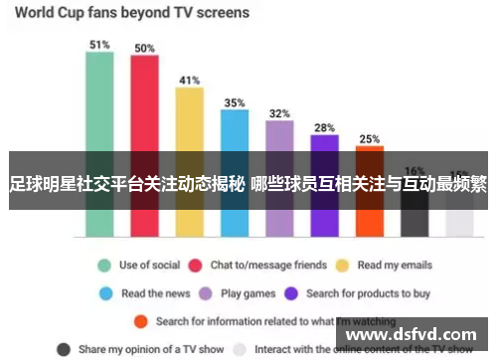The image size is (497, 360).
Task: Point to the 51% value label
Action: pos(99,45)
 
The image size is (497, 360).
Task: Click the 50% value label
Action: pos(144,48)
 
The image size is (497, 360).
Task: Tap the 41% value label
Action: pos(189,80)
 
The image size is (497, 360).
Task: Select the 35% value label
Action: pos(234,102)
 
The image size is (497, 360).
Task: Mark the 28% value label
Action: pos(324,127)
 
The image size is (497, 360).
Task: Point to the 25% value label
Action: pos(369,139)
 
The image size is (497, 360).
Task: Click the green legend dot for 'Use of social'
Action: pos(102,266)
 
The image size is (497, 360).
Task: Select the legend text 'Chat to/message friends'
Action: pos(268,266)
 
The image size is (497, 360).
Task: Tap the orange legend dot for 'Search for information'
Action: pos(141,321)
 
